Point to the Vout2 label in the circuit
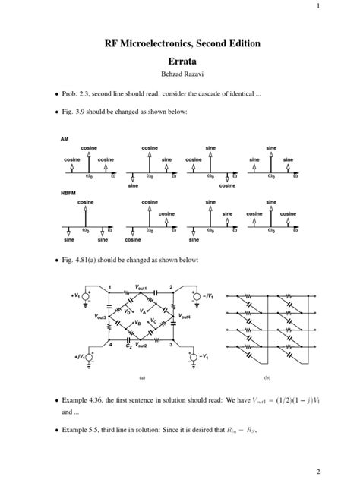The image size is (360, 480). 141,346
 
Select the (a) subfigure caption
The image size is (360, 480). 141,377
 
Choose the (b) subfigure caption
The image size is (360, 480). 267,377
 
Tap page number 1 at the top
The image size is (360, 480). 352,7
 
